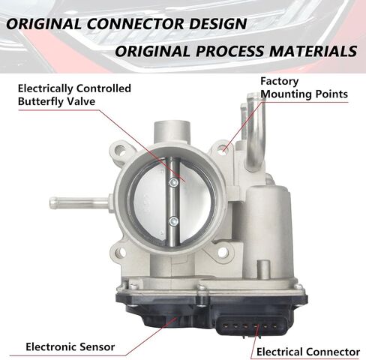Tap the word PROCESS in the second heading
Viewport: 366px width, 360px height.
pos(229,51)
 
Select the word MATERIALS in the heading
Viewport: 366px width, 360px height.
pos(313,51)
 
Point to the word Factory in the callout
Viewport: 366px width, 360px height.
pos(280,81)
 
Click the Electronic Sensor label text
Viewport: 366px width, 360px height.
pos(70,346)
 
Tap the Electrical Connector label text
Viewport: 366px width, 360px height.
pos(308,352)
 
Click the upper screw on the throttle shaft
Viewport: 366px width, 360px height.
pos(173,182)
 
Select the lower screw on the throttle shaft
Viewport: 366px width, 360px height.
pos(173,221)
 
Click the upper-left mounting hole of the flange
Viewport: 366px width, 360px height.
pos(120,150)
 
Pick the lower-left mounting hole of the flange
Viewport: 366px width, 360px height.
pos(121,252)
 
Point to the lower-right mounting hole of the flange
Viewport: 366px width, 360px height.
pos(223,252)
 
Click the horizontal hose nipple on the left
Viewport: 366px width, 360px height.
pos(79,203)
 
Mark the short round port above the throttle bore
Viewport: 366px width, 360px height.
pos(172,133)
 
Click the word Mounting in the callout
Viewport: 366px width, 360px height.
pos(286,94)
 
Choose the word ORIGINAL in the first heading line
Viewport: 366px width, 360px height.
pos(43,24)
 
